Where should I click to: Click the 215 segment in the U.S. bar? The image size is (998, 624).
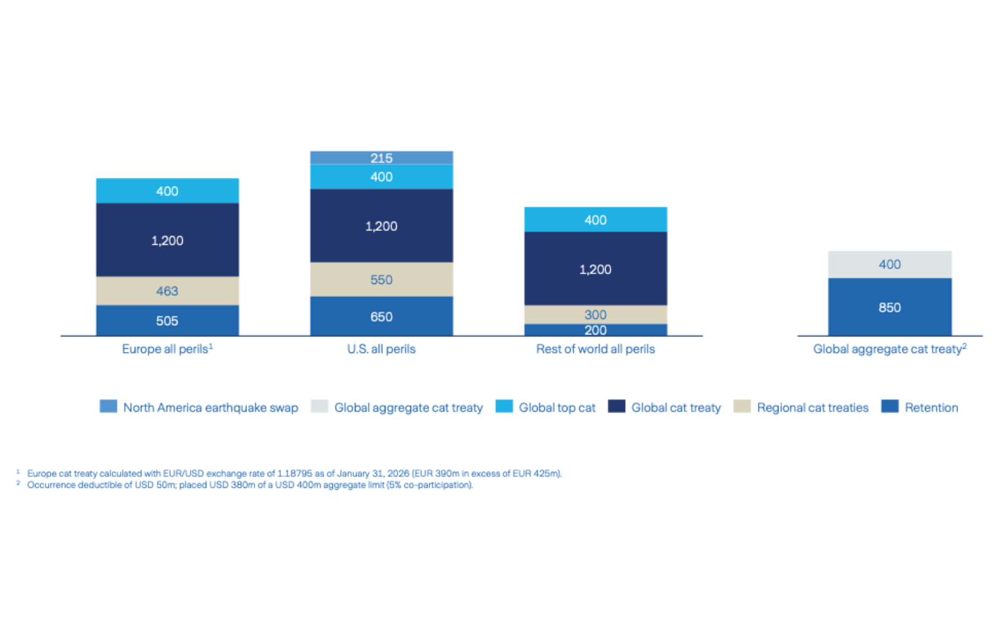pos(381,158)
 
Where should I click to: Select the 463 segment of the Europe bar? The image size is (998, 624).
pos(167,291)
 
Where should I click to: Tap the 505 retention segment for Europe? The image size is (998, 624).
pos(167,321)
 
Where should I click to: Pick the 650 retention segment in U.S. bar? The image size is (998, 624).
pos(381,316)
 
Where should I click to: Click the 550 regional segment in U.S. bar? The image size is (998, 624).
pos(381,280)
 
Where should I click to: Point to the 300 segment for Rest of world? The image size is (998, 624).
pos(595,314)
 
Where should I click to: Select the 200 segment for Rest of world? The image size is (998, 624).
pos(595,330)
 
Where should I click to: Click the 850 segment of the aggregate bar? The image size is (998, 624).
pos(889,307)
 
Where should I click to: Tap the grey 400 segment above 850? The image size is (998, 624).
pos(889,264)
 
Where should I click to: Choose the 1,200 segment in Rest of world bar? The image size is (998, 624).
pos(595,269)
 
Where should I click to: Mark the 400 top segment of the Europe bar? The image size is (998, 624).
pos(167,191)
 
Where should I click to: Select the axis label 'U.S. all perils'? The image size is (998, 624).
pos(381,349)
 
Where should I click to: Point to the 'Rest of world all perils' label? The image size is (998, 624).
pos(595,349)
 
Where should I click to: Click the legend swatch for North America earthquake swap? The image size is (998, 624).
pos(109,407)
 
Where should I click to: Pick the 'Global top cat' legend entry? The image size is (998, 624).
pos(556,407)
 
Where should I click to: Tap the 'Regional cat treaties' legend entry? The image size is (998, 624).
pos(812,407)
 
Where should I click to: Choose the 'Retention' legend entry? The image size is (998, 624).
pos(931,407)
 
